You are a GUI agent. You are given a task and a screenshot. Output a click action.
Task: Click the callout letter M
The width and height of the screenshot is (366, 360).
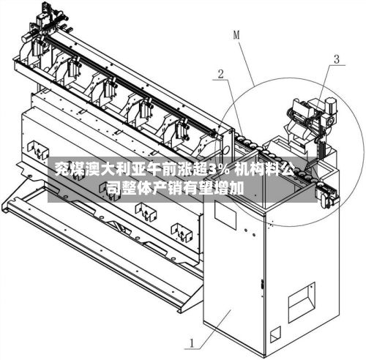click(236, 35)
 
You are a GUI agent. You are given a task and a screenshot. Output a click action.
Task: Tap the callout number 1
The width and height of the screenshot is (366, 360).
click(193, 343)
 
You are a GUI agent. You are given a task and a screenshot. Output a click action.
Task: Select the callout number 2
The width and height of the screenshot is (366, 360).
click(220, 74)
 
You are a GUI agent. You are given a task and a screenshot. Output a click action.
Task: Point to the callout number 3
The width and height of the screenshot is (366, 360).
click(337, 59)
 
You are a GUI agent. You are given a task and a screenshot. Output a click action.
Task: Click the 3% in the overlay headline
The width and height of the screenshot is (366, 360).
click(220, 168)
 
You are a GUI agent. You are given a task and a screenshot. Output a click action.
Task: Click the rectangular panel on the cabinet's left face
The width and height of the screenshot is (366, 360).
click(225, 215)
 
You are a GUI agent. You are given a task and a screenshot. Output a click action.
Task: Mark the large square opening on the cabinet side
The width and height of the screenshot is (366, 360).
click(302, 302)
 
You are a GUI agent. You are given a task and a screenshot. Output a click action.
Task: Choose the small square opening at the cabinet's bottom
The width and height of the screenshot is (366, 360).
click(275, 334)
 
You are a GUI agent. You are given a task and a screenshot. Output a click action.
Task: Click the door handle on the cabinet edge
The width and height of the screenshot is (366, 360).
click(263, 285)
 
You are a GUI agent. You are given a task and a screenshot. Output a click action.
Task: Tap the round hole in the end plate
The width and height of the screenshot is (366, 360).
click(226, 149)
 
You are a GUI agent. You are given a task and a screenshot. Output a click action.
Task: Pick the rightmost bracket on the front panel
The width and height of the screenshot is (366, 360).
click(182, 233)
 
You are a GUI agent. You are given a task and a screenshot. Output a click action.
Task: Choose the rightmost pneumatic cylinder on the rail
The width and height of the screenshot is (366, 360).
click(182, 128)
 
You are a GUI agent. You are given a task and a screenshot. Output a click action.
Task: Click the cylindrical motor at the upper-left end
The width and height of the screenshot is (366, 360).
click(26, 37)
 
